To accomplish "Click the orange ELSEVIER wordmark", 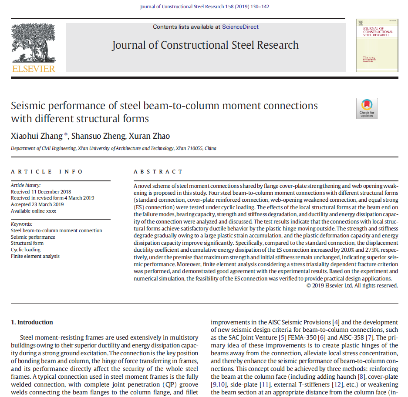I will click(34, 69).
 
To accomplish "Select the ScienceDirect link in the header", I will click(240, 27).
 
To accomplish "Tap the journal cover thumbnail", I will click(377, 45).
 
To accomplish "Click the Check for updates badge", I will click(367, 108).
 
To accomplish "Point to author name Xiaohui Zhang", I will click(37, 136).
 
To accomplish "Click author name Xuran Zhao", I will click(149, 136).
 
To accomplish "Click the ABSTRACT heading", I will click(158, 172).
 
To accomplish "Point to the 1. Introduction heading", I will click(32, 322).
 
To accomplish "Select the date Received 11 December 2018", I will click(41, 192).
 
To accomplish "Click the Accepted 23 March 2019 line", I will click(37, 204).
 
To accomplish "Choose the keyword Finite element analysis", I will click(35, 256).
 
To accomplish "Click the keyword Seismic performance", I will click(33, 237).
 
